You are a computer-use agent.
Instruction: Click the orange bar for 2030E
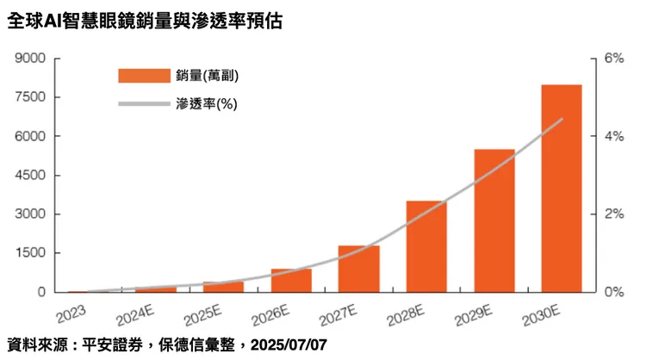(561, 189)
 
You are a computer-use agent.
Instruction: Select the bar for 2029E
(494, 220)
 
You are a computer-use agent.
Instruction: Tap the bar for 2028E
(426, 246)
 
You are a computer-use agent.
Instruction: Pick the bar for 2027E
(359, 269)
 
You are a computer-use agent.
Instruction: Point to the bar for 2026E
(291, 281)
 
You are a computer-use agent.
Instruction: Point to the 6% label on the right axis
(613, 59)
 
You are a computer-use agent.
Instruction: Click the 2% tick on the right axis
(613, 214)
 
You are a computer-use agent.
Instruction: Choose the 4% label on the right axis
(613, 137)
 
